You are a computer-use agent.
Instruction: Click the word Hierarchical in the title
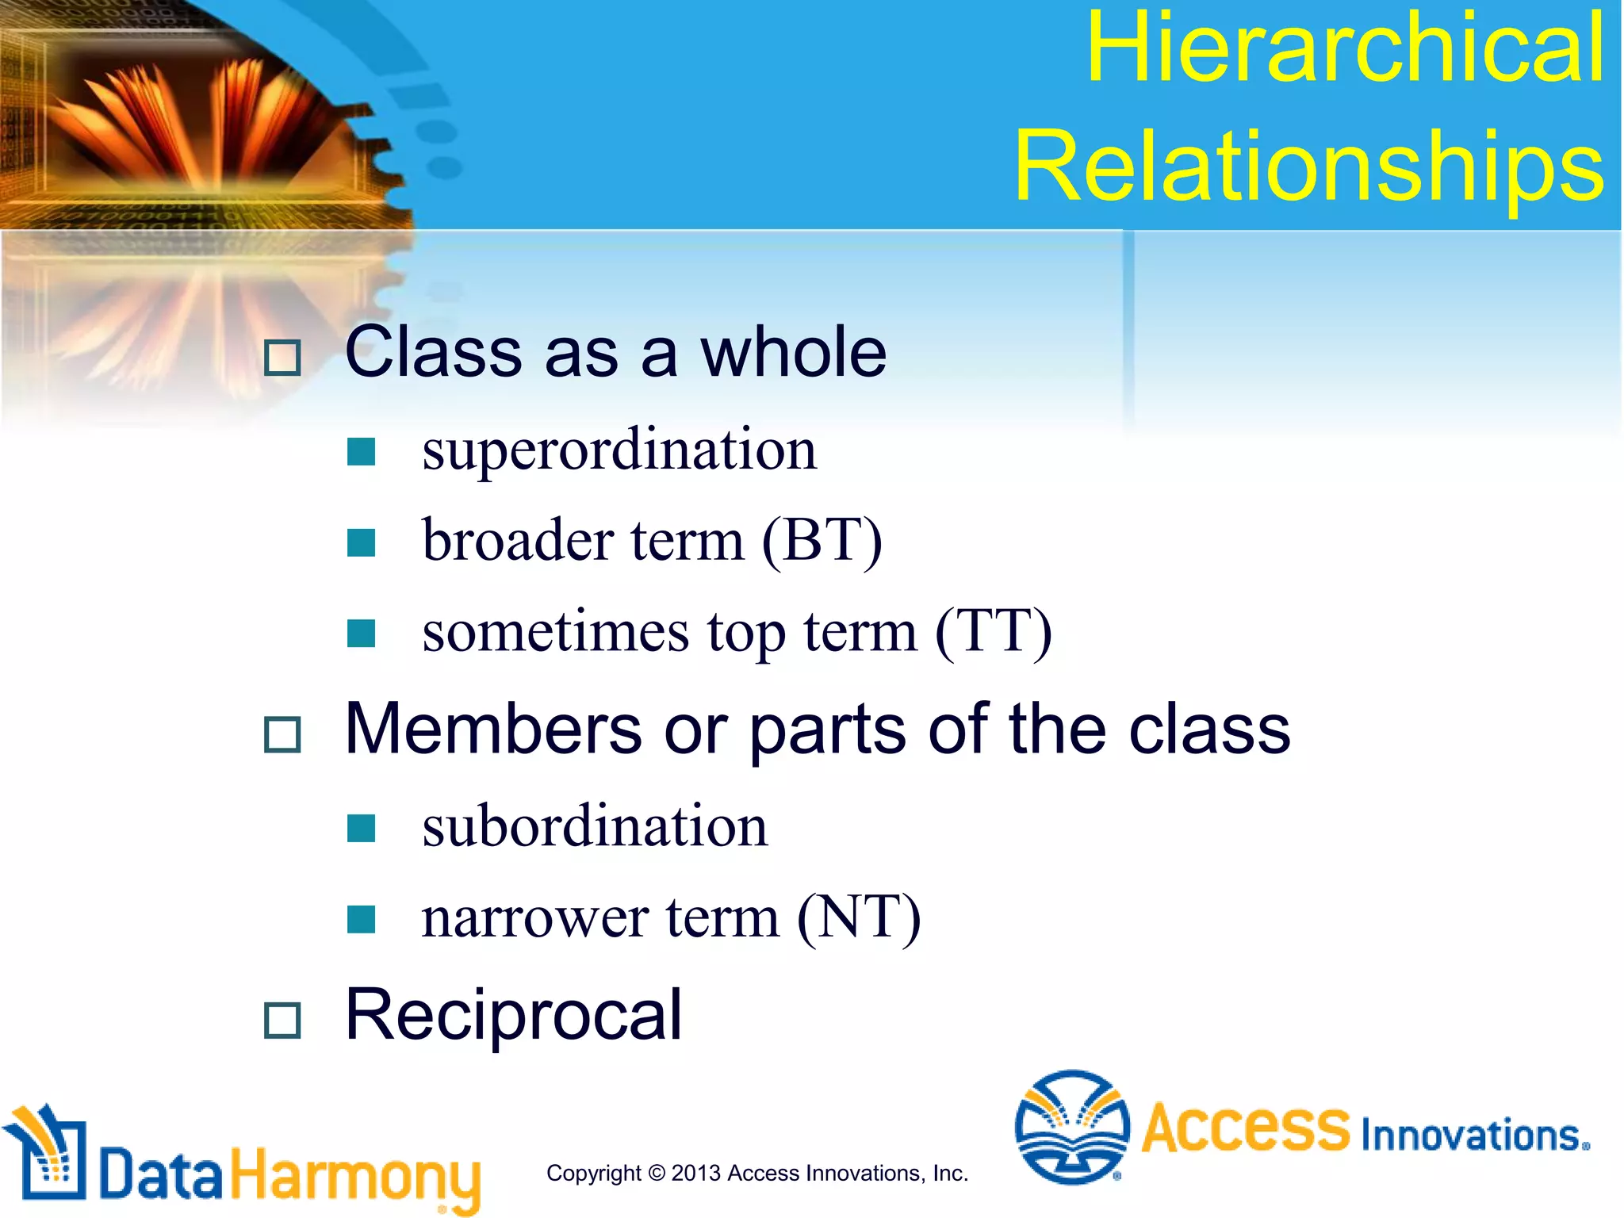1345,49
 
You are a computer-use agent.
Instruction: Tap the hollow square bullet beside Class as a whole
282,358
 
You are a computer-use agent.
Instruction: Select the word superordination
619,450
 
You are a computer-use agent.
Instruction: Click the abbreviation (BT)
822,542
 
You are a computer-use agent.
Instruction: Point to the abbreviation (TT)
994,633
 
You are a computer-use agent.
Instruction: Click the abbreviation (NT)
859,918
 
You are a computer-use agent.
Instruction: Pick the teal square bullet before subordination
361,828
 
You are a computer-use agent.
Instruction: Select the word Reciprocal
513,1015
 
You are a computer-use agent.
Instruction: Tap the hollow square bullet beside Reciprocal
282,1020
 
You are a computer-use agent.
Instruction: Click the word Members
493,730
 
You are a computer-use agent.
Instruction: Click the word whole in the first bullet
792,353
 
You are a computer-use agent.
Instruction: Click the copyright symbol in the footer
656,1173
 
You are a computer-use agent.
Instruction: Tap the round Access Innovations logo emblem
1072,1127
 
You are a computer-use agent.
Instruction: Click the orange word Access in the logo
1245,1128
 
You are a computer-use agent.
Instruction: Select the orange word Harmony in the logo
355,1177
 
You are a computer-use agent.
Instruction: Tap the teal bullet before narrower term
361,919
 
